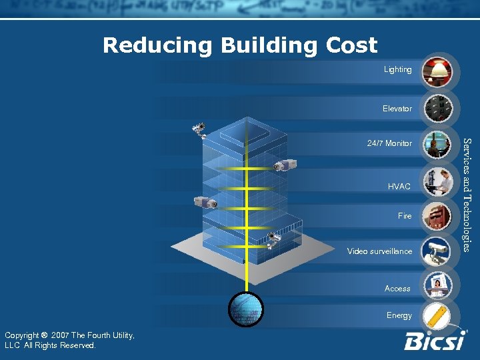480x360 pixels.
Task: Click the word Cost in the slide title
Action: coord(351,45)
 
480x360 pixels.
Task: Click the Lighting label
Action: coord(398,69)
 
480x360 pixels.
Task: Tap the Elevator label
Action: coord(397,108)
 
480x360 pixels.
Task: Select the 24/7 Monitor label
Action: coord(389,143)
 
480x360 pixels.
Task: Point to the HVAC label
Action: coord(399,187)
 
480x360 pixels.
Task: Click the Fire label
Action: coord(405,216)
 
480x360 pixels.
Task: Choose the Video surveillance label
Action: coord(379,251)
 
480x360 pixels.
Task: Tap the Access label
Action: coord(397,289)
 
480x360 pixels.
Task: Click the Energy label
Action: coord(399,315)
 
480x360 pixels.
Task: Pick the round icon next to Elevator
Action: coord(438,108)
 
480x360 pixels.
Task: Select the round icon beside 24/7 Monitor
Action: coord(438,145)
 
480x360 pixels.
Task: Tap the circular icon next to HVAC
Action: coord(438,181)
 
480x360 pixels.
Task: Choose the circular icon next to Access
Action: coord(438,285)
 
